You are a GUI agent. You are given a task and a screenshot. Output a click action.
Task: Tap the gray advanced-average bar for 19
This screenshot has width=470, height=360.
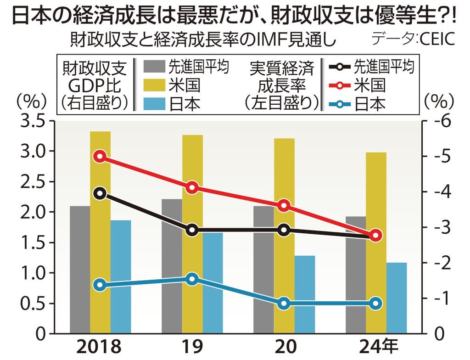(172, 266)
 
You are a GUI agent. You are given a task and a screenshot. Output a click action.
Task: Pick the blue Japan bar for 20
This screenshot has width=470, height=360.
(305, 294)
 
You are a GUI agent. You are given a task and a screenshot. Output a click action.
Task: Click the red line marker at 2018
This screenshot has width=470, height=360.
(100, 157)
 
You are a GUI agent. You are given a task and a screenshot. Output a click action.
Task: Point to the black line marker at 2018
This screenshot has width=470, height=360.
(100, 193)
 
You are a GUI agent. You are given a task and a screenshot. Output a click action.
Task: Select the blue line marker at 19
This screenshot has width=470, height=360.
(192, 279)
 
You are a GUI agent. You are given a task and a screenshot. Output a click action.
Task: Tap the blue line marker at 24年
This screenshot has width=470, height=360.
(376, 303)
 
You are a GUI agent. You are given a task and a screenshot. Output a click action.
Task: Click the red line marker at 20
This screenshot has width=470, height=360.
(284, 206)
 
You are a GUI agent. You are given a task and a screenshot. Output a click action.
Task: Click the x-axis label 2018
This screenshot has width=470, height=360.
(100, 346)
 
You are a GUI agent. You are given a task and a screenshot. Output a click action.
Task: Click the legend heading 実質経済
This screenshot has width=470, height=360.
(282, 68)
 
